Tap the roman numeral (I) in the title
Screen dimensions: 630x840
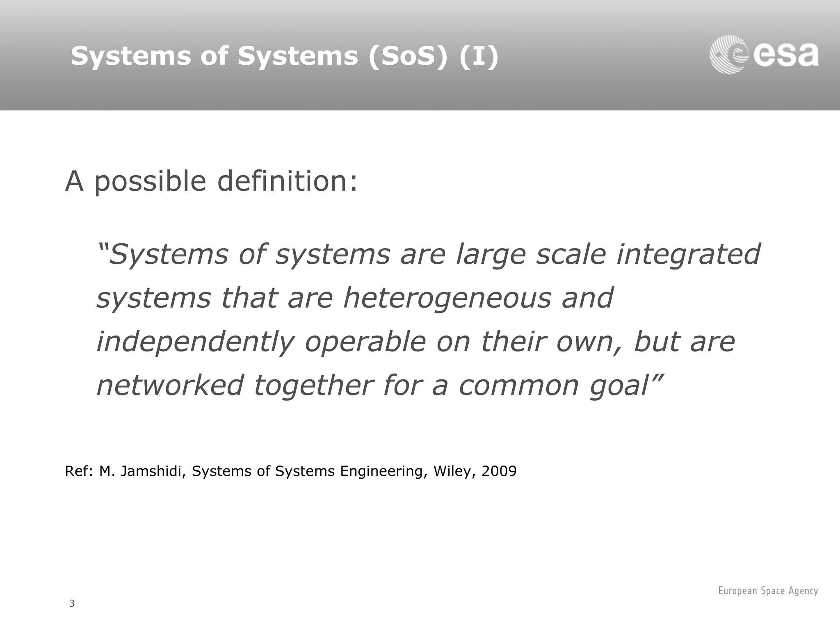tap(479, 56)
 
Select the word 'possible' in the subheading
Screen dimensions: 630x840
tap(150, 181)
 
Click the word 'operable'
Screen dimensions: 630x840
tap(365, 342)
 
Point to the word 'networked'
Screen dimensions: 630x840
tap(170, 385)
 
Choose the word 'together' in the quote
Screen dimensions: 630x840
tap(314, 386)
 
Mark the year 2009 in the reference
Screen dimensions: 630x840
tap(499, 471)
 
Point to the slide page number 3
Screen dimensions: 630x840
tap(72, 603)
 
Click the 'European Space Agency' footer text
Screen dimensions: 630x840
tap(768, 591)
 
